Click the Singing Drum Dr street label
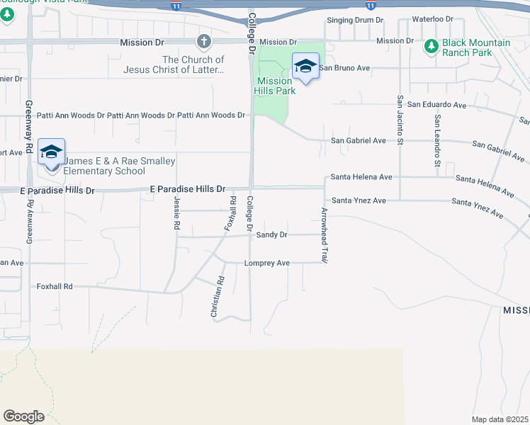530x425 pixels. [354, 20]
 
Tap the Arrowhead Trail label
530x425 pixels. [325, 236]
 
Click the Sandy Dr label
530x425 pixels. [271, 234]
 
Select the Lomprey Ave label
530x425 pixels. [266, 263]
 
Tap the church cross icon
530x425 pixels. [204, 40]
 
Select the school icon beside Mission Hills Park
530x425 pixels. [305, 67]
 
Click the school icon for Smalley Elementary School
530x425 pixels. [52, 152]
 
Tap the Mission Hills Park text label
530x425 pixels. [275, 86]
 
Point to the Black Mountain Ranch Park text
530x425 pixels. [475, 47]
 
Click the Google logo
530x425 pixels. [23, 416]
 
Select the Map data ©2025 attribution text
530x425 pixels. [500, 419]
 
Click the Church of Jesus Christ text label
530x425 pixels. [193, 65]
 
